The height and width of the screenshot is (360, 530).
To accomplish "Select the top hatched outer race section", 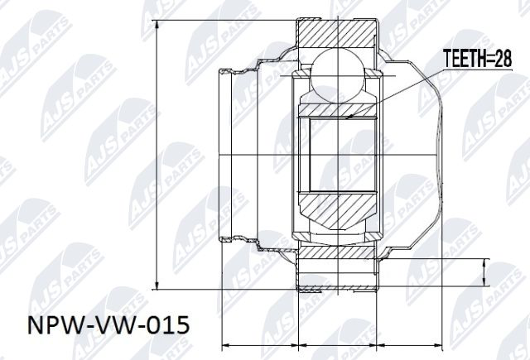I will coord(338,34).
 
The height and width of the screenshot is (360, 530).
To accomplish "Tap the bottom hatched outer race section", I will coord(338,271).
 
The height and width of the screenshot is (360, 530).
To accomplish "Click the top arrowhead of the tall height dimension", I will coord(157,22).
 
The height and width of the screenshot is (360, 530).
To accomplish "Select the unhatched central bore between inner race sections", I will coord(340,157).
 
